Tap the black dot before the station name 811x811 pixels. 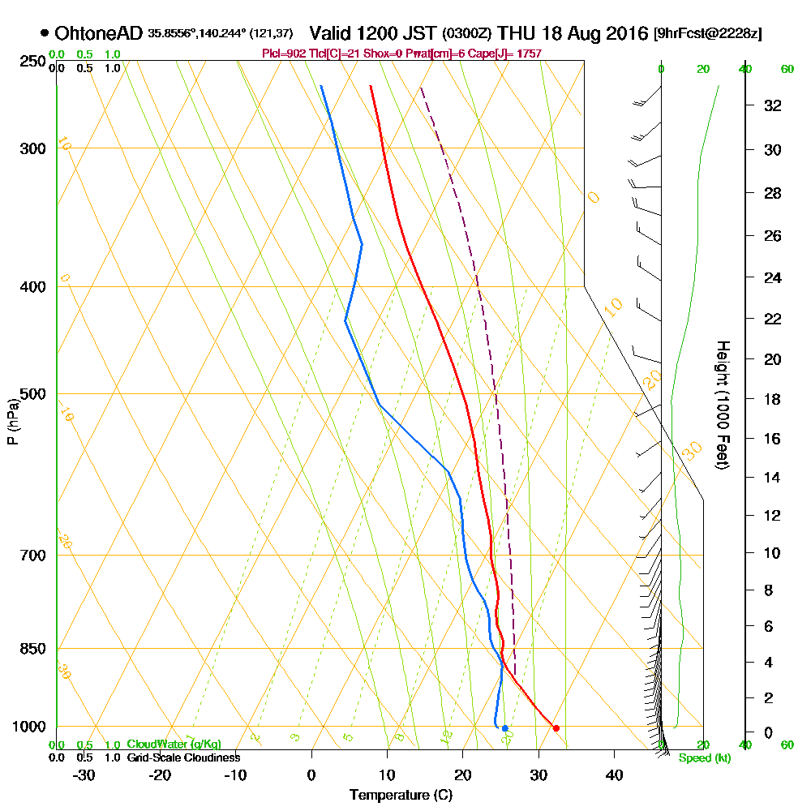coord(44,34)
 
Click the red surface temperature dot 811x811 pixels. coord(556,727)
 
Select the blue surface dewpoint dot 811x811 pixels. coord(504,727)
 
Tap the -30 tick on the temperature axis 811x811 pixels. coord(84,775)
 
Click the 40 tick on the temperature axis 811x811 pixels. coord(614,775)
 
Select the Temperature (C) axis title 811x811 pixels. coord(401,796)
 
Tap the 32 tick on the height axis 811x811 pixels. coord(773,105)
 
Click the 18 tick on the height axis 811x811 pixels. coord(773,399)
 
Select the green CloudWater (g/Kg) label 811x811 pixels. coord(174,744)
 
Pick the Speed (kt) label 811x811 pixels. coord(703,758)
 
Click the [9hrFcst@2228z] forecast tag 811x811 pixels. coord(707,34)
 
